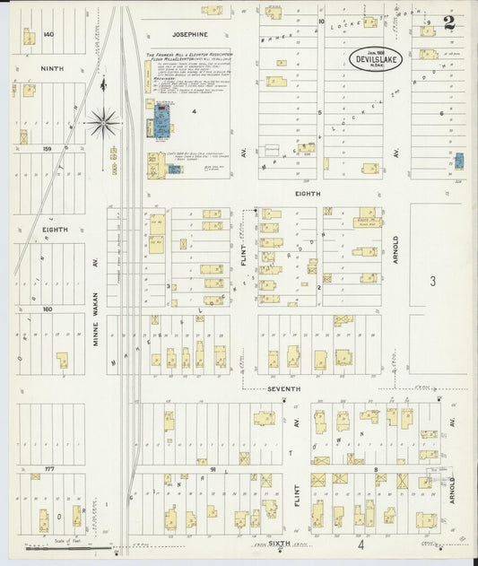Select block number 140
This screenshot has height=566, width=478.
(49, 34)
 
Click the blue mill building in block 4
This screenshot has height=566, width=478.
(162, 120)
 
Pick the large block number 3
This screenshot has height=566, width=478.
(431, 282)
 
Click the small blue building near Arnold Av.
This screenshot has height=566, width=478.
(458, 163)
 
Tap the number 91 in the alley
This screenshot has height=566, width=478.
(213, 468)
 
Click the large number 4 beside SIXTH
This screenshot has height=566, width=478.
(361, 544)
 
